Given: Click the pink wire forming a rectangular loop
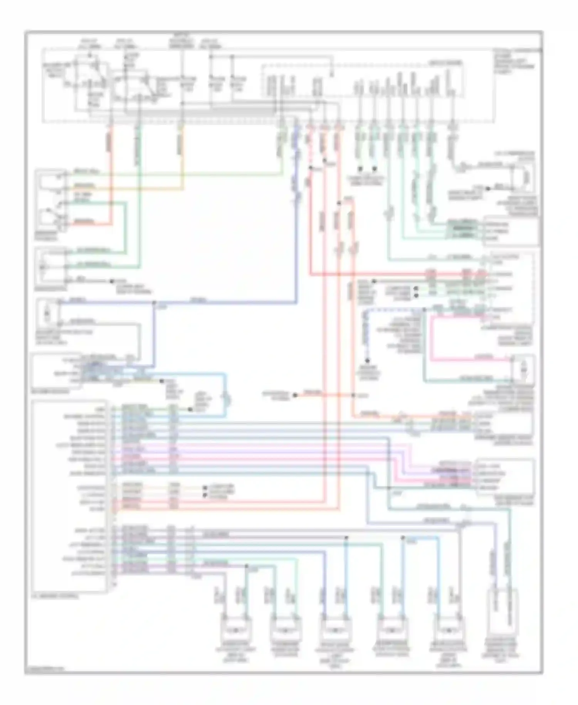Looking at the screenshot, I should (x=432, y=339).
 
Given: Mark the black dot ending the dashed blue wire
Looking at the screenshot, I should (x=367, y=361).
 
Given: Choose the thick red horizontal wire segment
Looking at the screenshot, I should (x=385, y=275).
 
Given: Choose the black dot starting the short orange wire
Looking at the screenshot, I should (x=295, y=395).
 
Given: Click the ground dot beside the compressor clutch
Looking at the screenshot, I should (x=487, y=189).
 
